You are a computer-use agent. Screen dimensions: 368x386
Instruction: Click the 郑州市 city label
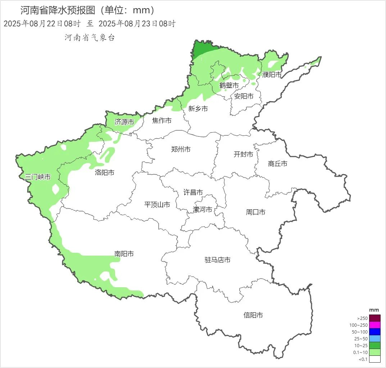tap(181, 149)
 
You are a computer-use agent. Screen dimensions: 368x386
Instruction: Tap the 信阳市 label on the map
tap(253, 315)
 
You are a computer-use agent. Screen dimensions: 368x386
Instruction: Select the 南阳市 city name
tap(124, 254)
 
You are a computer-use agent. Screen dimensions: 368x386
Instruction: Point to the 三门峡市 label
tap(38, 177)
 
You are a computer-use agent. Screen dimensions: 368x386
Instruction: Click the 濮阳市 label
tap(272, 75)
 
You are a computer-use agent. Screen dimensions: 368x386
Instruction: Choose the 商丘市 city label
tap(278, 164)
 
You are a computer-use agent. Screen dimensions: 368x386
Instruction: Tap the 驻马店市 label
tap(218, 260)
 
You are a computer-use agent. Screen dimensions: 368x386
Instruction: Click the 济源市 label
tap(124, 122)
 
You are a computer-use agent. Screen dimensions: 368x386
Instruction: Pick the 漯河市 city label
tap(203, 210)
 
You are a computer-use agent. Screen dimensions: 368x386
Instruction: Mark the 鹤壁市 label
tap(229, 85)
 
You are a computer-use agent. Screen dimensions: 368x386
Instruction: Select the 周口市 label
tap(256, 212)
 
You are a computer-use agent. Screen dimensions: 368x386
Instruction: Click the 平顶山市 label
tap(157, 205)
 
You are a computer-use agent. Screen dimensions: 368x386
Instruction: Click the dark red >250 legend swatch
tap(375, 318)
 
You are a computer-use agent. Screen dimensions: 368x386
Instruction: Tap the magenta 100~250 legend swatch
tap(375, 325)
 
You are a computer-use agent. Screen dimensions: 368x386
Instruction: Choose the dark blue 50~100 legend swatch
tap(375, 332)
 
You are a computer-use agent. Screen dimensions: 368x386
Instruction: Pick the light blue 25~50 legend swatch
tap(375, 339)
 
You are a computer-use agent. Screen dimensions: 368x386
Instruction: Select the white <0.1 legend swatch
tap(375, 359)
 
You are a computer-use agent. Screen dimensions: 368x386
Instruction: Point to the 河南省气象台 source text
tap(90, 38)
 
